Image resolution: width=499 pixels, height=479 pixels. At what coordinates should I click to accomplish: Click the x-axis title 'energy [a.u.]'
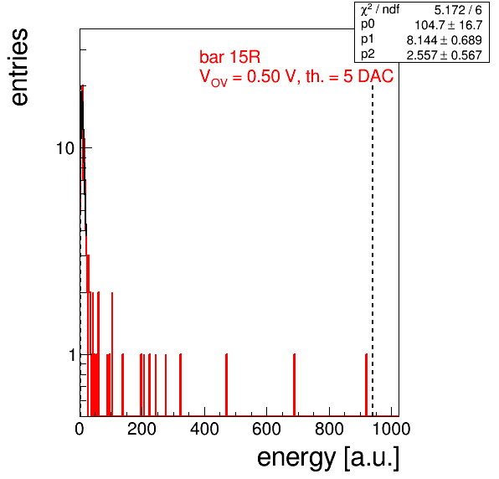click(x=328, y=458)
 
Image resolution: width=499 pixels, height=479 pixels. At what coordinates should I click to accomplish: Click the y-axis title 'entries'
click(x=20, y=67)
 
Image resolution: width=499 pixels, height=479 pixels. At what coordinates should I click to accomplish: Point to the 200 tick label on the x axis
click(x=141, y=429)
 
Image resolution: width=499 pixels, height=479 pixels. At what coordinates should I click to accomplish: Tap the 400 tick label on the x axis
click(x=204, y=429)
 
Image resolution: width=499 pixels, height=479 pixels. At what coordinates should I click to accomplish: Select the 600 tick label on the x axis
click(x=266, y=429)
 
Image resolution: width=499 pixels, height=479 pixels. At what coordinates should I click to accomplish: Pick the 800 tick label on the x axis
click(x=329, y=429)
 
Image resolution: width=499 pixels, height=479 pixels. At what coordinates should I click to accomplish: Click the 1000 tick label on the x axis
click(x=391, y=429)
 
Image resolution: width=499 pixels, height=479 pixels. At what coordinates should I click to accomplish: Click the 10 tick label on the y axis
click(x=65, y=148)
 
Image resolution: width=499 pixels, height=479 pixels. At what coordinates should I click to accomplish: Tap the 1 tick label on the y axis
click(x=72, y=355)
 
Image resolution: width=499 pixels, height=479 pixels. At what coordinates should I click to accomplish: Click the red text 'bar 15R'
click(x=229, y=57)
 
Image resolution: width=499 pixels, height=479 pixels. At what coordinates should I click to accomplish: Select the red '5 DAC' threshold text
click(x=368, y=76)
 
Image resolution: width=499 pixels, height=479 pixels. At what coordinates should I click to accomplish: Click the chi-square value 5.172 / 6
click(x=458, y=10)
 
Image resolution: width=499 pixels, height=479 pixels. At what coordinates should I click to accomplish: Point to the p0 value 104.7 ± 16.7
click(x=449, y=25)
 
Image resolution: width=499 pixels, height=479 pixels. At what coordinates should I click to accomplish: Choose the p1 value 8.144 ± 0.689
click(x=445, y=40)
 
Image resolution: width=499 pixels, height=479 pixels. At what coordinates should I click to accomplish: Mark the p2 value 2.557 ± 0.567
click(x=445, y=55)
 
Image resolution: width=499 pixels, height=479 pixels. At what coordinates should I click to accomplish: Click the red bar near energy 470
click(x=226, y=385)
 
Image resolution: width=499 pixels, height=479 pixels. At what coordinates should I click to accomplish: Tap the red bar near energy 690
click(x=295, y=385)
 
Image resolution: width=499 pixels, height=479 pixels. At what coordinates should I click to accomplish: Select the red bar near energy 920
click(x=366, y=385)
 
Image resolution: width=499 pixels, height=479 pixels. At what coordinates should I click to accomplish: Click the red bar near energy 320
click(x=180, y=385)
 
